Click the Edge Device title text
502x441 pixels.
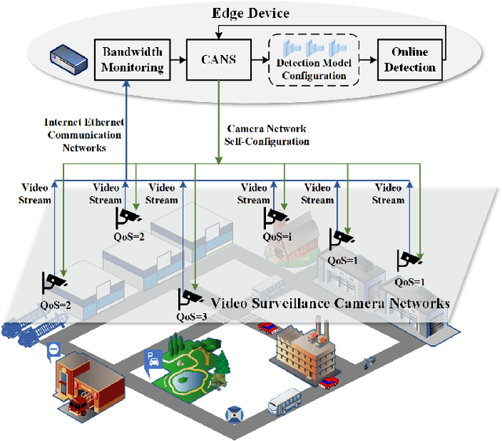(250, 13)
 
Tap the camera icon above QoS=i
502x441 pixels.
(278, 218)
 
